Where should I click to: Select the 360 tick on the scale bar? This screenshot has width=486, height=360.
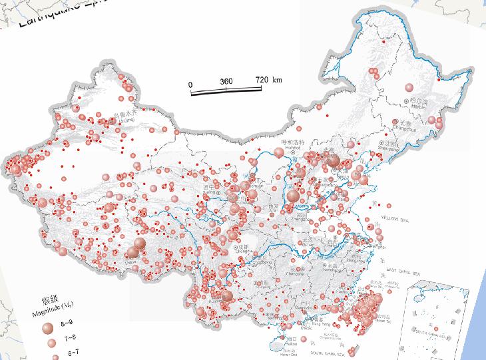tap(226, 81)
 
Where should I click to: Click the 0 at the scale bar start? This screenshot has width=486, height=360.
tap(191, 85)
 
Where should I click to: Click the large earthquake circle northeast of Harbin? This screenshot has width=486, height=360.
tap(409, 87)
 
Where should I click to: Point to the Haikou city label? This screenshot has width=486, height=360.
tap(290, 337)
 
